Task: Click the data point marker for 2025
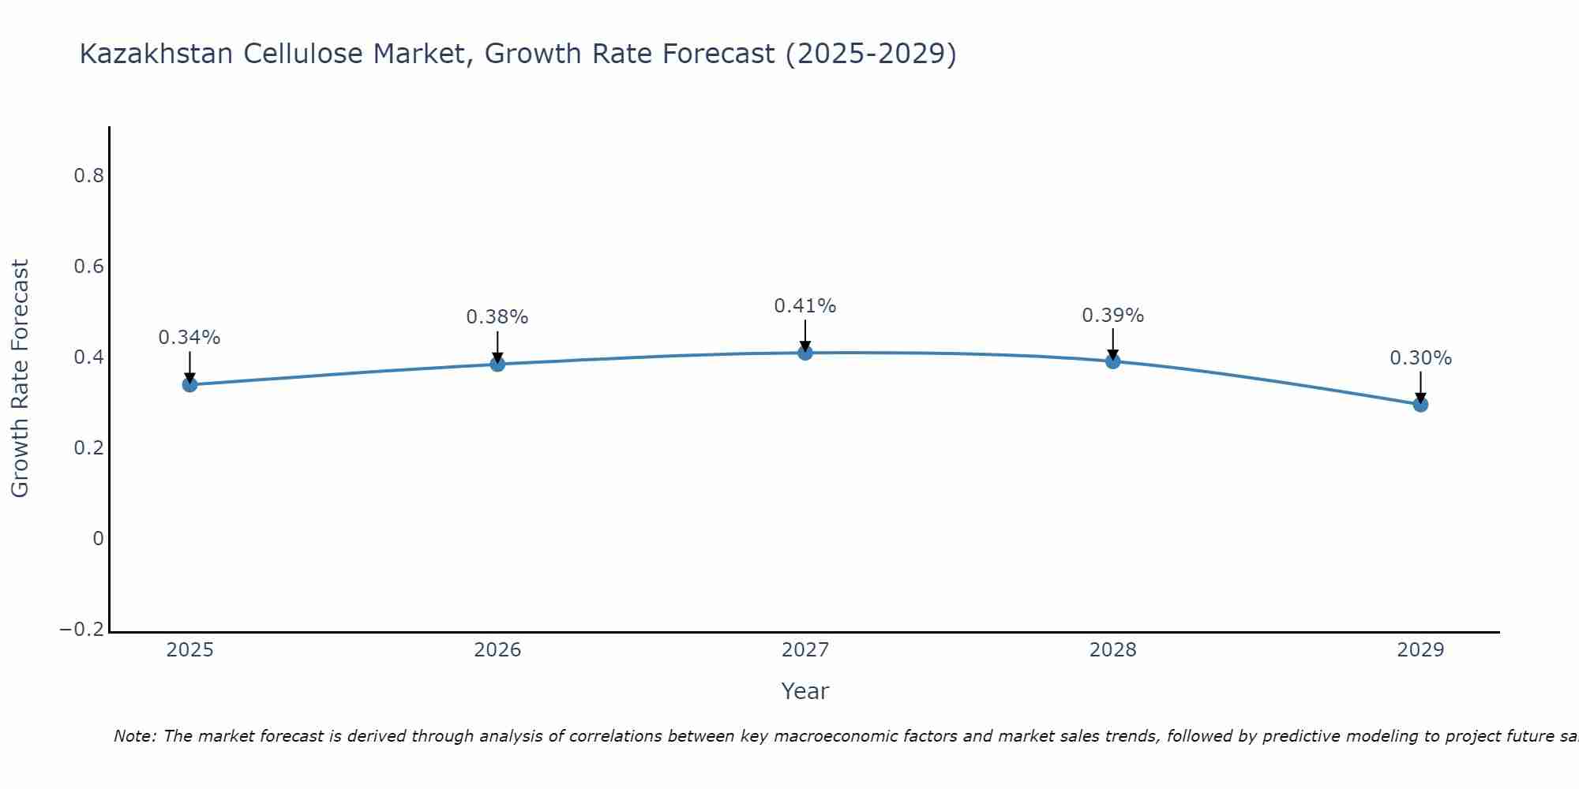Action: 189,384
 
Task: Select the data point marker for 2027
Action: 805,353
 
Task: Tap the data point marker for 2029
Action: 1420,405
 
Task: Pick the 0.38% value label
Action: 497,317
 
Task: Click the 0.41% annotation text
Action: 805,306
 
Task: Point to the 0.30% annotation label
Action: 1420,358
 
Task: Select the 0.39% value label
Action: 1112,316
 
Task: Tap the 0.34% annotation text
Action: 189,338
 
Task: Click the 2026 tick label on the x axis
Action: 497,650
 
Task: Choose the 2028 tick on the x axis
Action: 1112,650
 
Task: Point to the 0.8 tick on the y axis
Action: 88,176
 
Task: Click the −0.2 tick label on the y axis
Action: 81,630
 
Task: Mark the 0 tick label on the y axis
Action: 98,539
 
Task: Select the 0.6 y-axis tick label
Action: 88,267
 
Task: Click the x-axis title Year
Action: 805,691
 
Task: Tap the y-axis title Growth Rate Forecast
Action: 20,379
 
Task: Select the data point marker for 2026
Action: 497,364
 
